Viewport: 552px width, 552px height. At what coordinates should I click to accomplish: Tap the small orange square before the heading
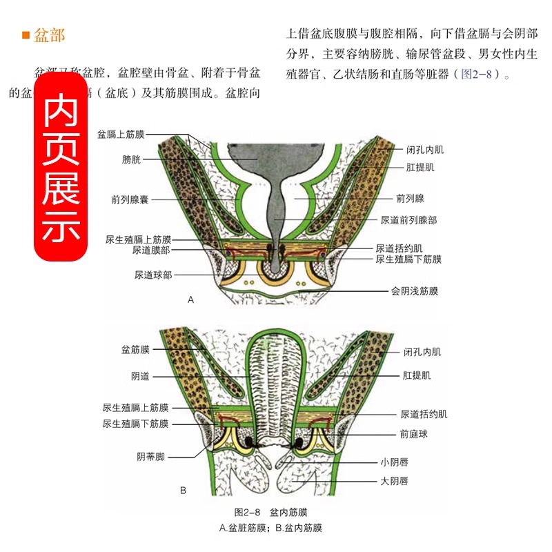26,35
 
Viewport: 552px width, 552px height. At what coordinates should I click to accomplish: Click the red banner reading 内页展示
62,172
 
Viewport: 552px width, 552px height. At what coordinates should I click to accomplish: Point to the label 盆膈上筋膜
121,135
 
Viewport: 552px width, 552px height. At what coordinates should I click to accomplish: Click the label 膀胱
131,160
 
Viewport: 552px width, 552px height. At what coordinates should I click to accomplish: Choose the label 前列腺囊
130,200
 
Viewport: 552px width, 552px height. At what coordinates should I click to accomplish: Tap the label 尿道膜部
152,250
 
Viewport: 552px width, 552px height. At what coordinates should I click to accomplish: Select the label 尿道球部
153,274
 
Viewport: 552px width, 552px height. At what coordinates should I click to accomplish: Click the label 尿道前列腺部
408,220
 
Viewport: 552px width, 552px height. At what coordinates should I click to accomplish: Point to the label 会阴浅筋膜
414,291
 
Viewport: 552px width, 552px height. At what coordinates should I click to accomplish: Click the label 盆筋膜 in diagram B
135,350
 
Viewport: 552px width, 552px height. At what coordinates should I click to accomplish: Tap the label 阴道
140,377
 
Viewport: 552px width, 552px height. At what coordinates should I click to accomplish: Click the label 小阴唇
395,462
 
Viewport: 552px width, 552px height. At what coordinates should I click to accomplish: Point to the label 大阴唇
395,481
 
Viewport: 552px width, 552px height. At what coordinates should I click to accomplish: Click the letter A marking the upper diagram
191,300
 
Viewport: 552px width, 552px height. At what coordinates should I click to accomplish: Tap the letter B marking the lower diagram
183,491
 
